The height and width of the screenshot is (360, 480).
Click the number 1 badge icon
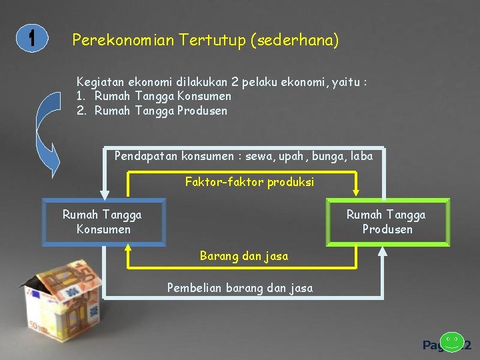[31, 39]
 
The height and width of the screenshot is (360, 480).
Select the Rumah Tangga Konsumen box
[103, 222]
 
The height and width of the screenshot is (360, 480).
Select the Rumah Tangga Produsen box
[387, 222]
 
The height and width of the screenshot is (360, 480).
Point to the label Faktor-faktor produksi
[249, 182]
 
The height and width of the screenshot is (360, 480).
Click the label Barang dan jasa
[244, 255]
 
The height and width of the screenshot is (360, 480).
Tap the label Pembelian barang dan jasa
[239, 288]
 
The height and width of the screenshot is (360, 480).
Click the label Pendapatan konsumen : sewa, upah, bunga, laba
[243, 156]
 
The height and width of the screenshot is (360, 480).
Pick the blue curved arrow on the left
[48, 133]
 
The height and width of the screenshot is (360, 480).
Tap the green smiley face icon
[453, 341]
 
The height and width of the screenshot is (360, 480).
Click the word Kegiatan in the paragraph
[99, 82]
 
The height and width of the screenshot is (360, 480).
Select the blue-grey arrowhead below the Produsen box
[383, 251]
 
